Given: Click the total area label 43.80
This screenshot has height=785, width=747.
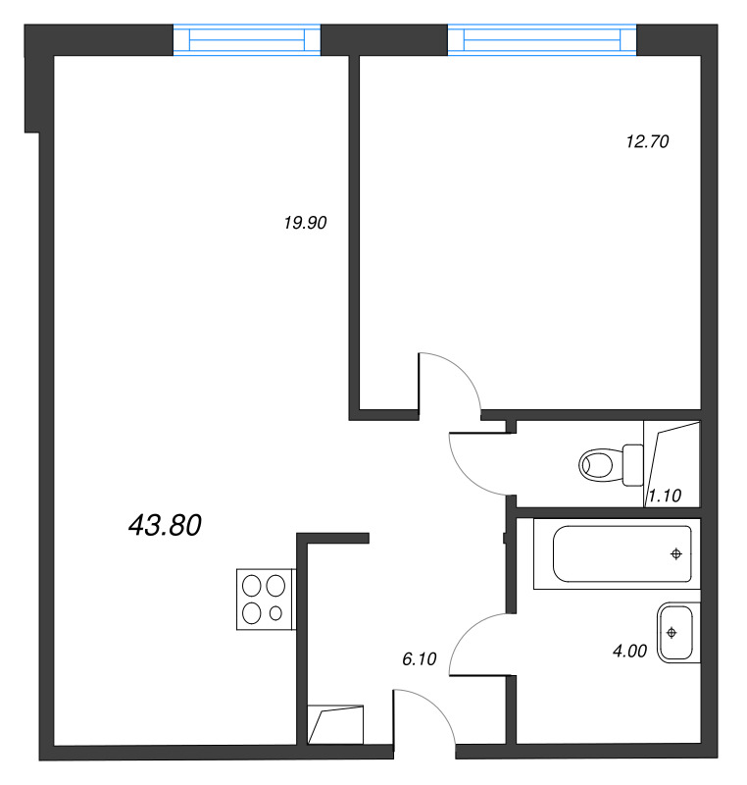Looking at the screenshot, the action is [165, 525].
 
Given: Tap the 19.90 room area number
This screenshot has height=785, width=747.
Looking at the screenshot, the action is [305, 223].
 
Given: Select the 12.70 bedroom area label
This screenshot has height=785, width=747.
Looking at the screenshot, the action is [648, 141].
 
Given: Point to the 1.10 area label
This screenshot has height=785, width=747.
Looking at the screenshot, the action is [665, 496].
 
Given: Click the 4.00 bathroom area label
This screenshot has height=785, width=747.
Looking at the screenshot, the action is [630, 651].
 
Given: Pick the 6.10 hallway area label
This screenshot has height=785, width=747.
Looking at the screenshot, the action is [420, 658].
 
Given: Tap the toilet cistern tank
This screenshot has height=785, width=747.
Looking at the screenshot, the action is [633, 465].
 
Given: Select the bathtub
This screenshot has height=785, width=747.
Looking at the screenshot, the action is [617, 553].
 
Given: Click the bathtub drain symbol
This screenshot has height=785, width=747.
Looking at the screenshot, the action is [676, 553].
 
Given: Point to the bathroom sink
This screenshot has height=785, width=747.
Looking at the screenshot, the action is [678, 633].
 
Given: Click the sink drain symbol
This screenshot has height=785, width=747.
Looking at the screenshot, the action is [672, 633].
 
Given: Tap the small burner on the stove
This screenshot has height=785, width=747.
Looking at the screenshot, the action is [275, 612].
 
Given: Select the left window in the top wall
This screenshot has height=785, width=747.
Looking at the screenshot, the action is [246, 39].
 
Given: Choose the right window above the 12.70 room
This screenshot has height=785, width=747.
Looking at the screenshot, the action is [542, 39].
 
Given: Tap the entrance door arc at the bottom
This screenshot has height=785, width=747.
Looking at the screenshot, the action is [437, 706].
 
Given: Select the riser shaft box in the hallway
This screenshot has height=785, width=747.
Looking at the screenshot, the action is [335, 724].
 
